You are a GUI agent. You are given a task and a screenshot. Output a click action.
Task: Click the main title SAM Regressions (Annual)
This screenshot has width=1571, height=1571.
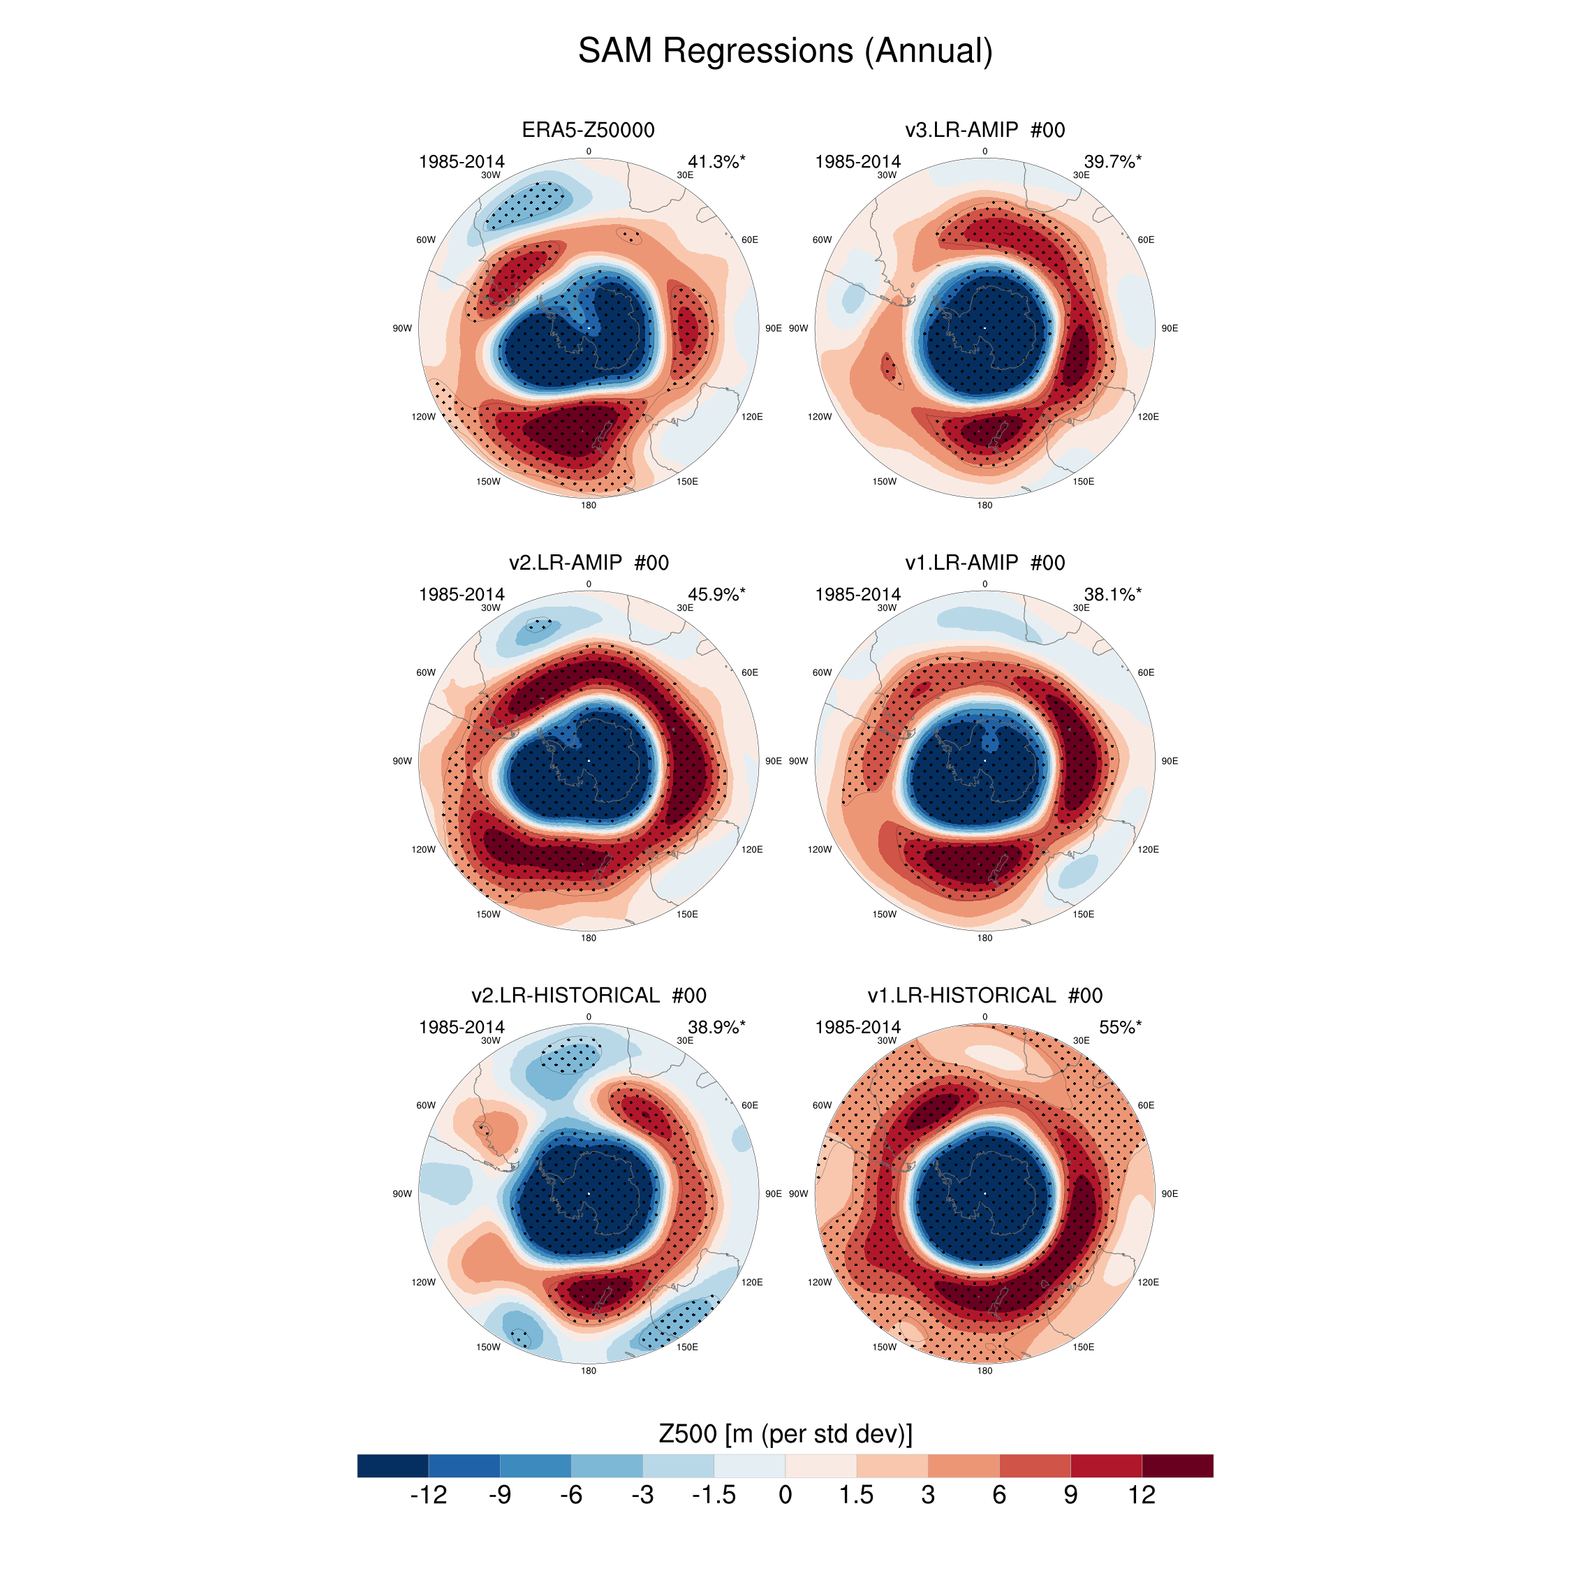click(785, 50)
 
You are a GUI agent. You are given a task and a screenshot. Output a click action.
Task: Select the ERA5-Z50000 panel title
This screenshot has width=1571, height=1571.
click(588, 130)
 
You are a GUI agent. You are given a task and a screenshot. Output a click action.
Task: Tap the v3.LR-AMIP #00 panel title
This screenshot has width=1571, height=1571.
click(984, 130)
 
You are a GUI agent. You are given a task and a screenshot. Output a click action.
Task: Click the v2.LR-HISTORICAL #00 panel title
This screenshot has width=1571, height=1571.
click(588, 995)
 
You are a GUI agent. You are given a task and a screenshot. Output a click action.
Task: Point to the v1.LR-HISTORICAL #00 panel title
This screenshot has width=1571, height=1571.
click(984, 995)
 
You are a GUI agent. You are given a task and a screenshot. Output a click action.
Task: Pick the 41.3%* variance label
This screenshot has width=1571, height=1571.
click(716, 162)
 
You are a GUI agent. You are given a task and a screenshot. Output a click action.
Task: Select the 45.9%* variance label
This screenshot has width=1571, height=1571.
click(716, 594)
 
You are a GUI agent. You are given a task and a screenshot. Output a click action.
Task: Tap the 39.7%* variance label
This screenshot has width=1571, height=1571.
click(1112, 162)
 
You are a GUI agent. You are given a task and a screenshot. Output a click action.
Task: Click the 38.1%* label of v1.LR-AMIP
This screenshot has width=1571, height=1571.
click(1112, 594)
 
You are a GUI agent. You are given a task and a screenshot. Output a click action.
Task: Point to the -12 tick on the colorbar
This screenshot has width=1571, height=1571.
click(429, 1495)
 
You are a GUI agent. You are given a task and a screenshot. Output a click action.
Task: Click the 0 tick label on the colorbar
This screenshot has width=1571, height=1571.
click(785, 1495)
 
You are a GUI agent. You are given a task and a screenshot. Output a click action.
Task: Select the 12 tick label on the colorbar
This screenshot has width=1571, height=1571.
click(1141, 1495)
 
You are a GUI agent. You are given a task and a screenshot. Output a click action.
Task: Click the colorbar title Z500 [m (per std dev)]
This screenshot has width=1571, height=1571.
click(785, 1433)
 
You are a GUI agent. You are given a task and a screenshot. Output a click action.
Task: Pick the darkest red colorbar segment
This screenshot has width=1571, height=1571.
click(1177, 1466)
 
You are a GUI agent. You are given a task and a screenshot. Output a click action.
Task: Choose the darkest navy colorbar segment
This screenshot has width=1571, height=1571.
click(392, 1466)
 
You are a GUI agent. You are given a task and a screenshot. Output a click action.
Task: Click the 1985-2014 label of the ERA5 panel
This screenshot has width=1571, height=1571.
click(461, 162)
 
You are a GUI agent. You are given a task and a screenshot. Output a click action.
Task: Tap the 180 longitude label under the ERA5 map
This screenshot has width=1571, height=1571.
click(588, 505)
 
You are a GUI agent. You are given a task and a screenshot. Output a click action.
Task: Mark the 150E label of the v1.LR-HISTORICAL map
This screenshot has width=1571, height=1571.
click(1083, 1347)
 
